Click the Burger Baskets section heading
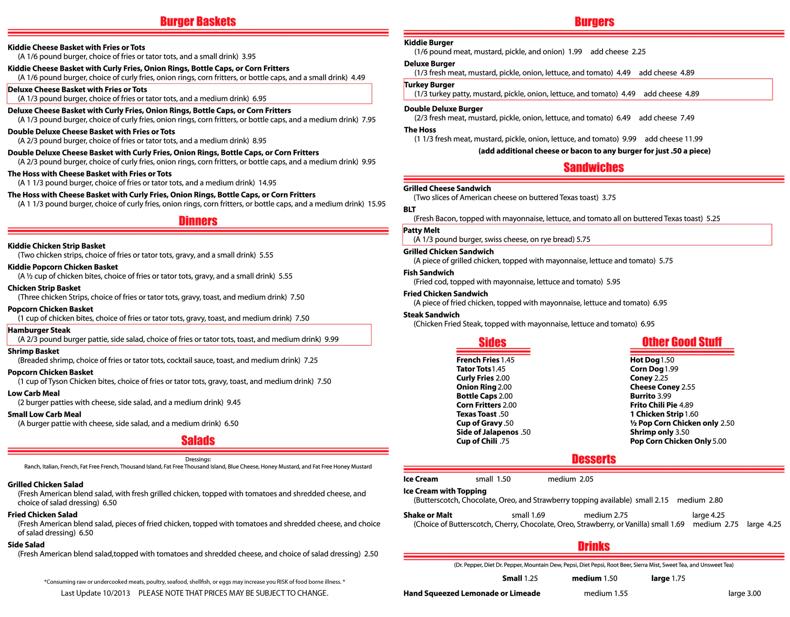[x=198, y=22]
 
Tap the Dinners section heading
[x=198, y=221]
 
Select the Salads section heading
[x=198, y=441]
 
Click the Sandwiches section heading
[x=593, y=167]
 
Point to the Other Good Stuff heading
[x=682, y=342]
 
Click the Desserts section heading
[x=594, y=459]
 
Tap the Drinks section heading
[x=594, y=546]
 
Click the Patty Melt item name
[x=421, y=230]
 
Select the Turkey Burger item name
[x=429, y=85]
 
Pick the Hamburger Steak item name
[x=39, y=330]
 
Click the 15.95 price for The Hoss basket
[x=376, y=204]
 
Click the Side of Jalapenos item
[x=487, y=432]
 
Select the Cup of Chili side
[x=477, y=441]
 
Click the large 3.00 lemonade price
[x=744, y=593]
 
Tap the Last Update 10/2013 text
[x=95, y=593]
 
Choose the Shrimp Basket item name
[x=33, y=352]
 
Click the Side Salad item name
[x=26, y=545]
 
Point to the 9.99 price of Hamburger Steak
[x=331, y=339]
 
